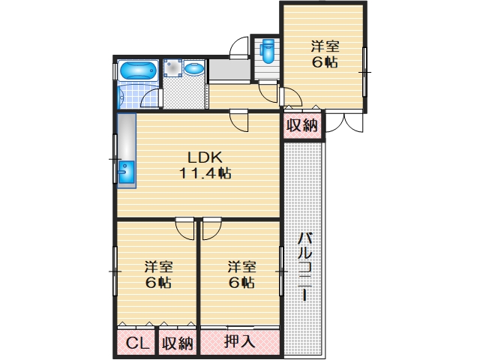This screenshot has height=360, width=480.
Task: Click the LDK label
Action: (205, 157)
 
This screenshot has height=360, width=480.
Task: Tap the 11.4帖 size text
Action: (205, 173)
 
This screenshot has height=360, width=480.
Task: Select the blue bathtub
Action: (138, 70)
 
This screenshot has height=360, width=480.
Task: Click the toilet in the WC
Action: (267, 51)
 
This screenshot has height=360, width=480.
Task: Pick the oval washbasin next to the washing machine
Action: (194, 68)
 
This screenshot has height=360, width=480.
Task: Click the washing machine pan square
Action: (172, 68)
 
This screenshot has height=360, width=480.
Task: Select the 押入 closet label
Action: (239, 340)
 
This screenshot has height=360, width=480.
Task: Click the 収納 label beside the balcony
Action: (302, 125)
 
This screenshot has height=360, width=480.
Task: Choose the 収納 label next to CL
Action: (178, 343)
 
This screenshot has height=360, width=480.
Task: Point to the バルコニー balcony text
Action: (305, 267)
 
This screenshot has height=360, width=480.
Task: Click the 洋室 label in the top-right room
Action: (325, 46)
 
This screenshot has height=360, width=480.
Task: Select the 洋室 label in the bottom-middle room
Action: (241, 267)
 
